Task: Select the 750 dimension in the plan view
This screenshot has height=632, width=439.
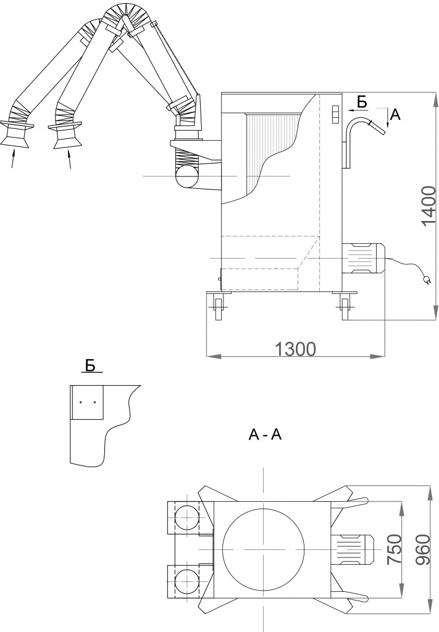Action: pos(394,549)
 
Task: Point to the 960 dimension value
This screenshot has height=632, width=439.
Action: pos(422,549)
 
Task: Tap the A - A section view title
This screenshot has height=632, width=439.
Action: pos(265,435)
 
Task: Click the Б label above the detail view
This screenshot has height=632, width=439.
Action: pos(90,366)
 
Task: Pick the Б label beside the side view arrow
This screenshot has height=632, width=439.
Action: pos(362,101)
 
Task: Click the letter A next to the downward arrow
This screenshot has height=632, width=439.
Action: pos(395,114)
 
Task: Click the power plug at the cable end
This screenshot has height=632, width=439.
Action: pos(425,279)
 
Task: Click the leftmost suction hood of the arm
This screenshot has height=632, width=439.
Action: pos(17,133)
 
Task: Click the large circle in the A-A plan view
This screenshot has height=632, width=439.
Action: pos(264,549)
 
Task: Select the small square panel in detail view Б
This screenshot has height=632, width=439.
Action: pos(87,402)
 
